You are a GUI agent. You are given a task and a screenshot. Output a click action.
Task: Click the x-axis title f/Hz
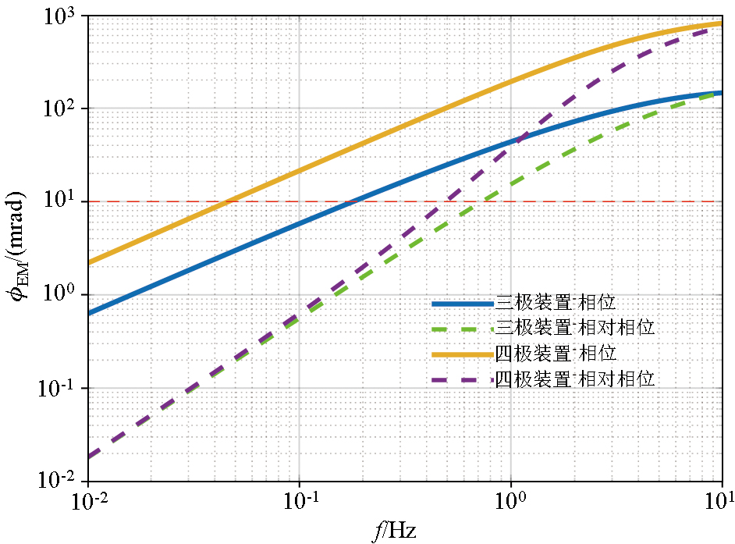pyautogui.click(x=394, y=531)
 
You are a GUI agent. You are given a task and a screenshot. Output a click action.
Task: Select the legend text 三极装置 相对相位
pyautogui.click(x=574, y=328)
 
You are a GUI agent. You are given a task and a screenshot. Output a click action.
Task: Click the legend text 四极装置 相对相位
pyautogui.click(x=574, y=379)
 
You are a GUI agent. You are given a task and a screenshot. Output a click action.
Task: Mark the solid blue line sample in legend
pyautogui.click(x=462, y=302)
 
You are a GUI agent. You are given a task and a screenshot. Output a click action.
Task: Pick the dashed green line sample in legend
pyautogui.click(x=462, y=328)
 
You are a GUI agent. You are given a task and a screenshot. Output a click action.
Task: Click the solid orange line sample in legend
pyautogui.click(x=462, y=354)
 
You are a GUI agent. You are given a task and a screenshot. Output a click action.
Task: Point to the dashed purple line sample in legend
pyautogui.click(x=462, y=379)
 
